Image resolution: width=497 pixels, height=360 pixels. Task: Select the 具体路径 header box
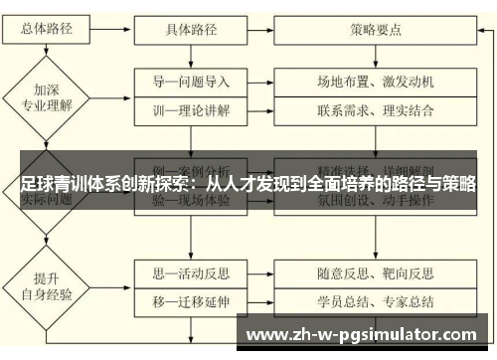coord(192,30)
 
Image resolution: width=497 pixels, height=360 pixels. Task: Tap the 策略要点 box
coord(376,30)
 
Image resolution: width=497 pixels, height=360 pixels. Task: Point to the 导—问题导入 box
coord(192,81)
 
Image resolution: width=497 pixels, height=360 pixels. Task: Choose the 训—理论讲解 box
coord(192,110)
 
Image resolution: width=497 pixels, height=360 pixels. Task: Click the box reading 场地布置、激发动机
coord(376,81)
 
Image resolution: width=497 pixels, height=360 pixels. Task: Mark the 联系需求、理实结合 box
coord(376,110)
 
